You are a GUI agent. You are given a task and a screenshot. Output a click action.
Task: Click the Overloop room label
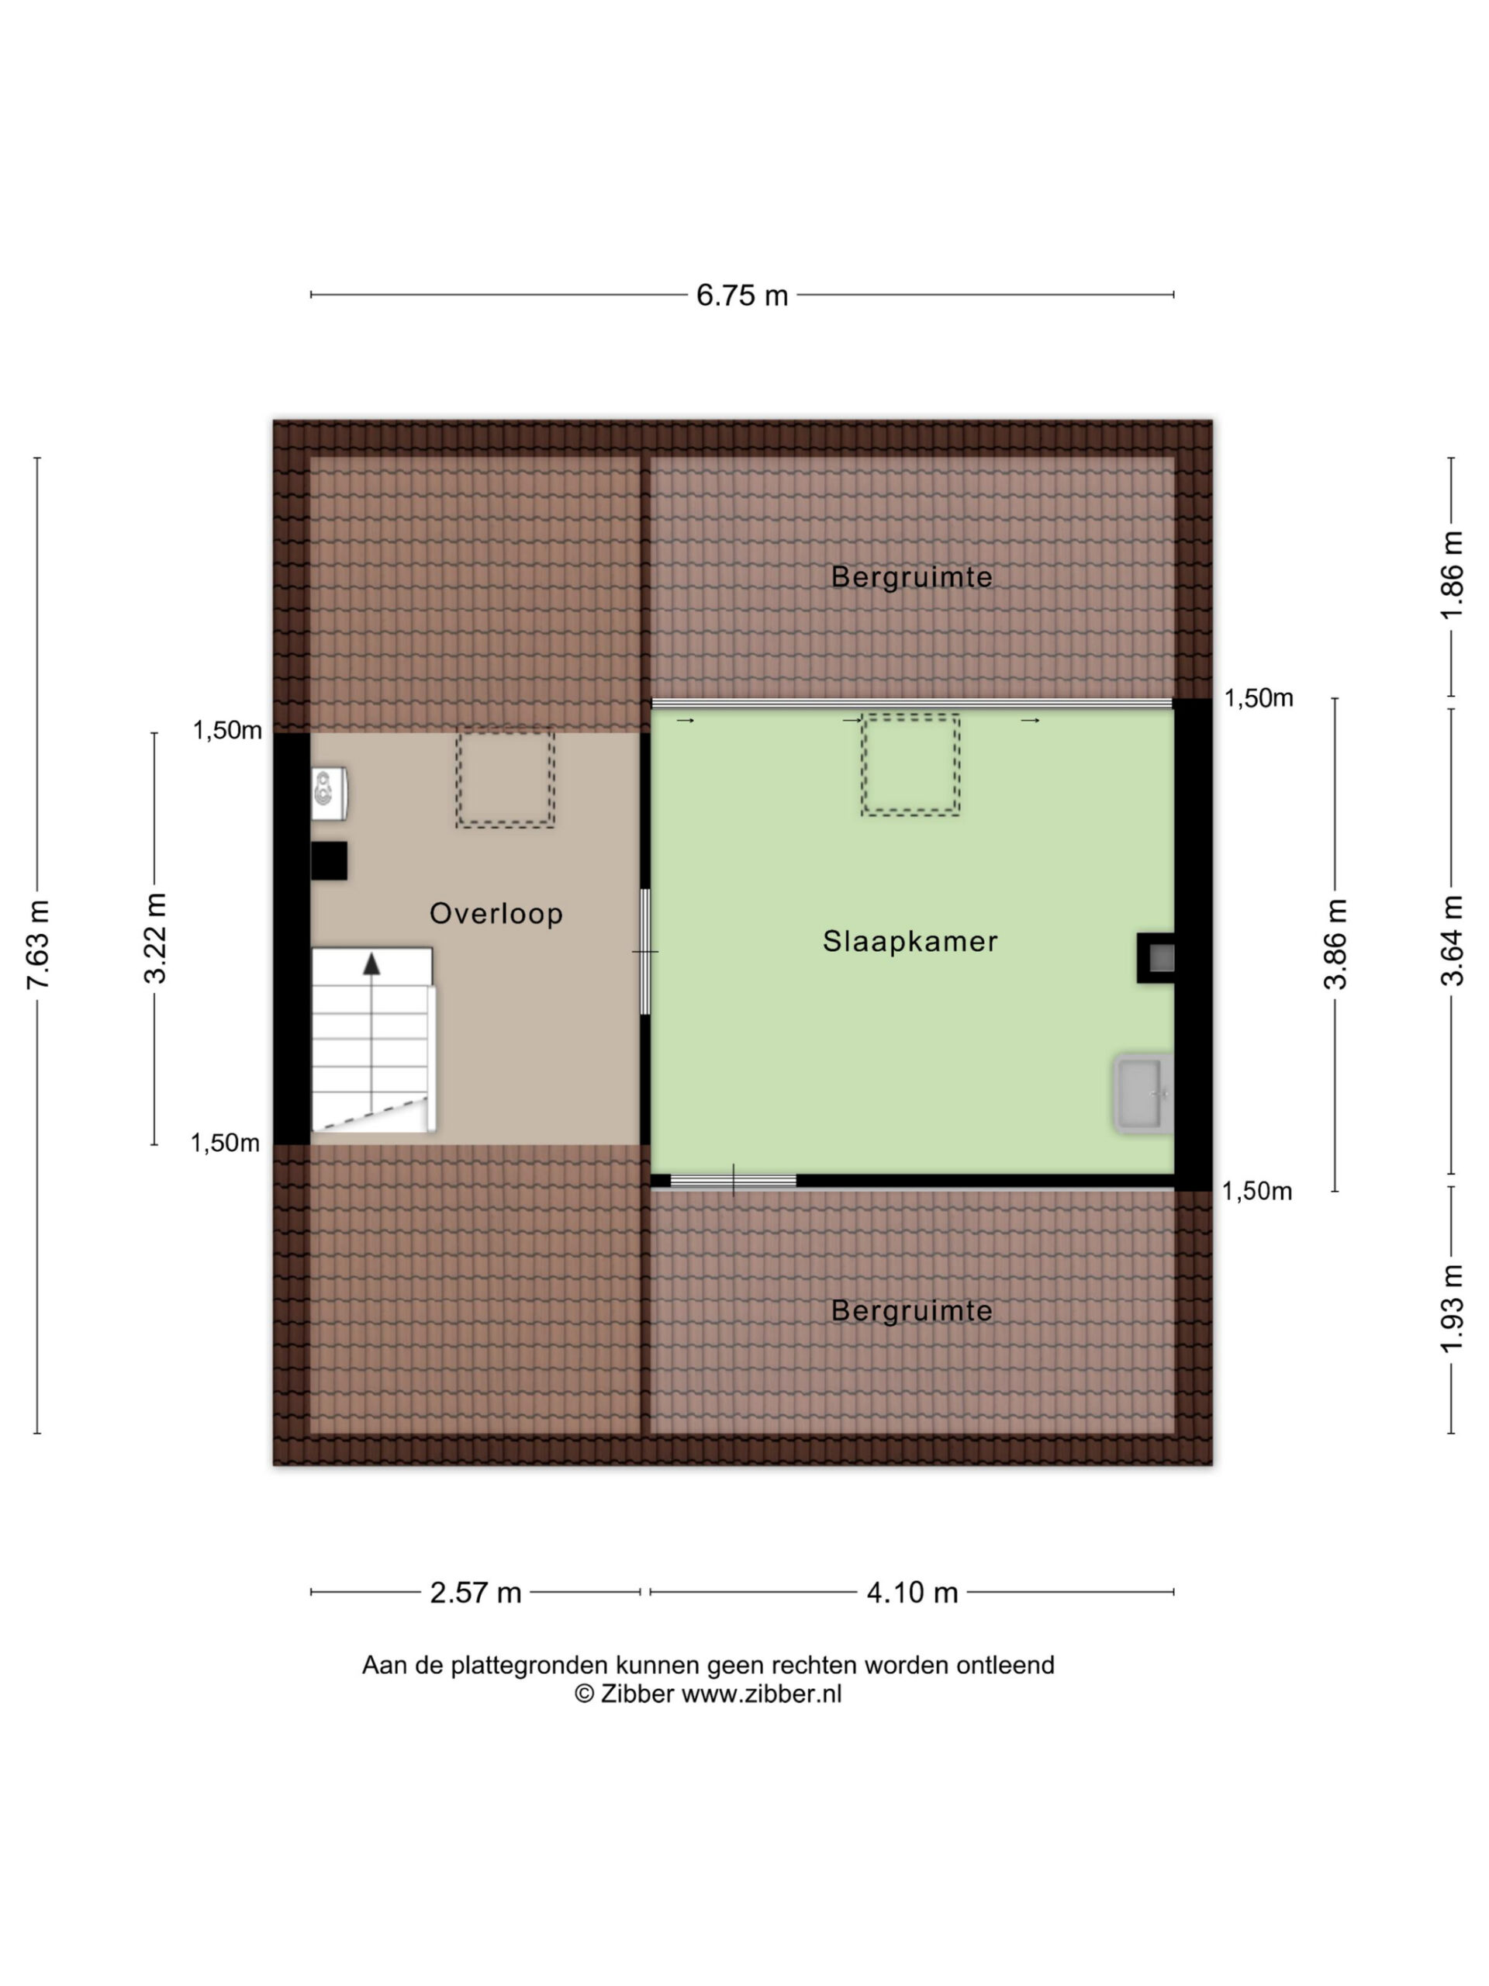pyautogui.click(x=496, y=913)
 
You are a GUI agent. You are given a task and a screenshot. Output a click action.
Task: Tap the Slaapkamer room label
pyautogui.click(x=910, y=941)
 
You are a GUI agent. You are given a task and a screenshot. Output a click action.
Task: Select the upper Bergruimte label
pyautogui.click(x=912, y=576)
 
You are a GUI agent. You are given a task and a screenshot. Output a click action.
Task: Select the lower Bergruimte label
pyautogui.click(x=912, y=1311)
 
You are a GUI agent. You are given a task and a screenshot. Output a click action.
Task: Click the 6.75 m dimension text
pyautogui.click(x=742, y=296)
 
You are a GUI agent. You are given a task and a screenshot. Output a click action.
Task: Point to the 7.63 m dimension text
pyautogui.click(x=38, y=945)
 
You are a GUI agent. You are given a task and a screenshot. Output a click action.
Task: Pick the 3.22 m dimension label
pyautogui.click(x=155, y=938)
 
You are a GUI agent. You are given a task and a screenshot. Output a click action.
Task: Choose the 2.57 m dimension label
pyautogui.click(x=475, y=1593)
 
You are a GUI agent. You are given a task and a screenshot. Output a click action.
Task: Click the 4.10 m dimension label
pyautogui.click(x=912, y=1593)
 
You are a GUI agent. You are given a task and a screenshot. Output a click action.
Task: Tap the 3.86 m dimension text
pyautogui.click(x=1335, y=943)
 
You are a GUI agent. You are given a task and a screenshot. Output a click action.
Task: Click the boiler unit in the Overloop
pyautogui.click(x=330, y=794)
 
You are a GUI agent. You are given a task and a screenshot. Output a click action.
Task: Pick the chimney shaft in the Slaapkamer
pyautogui.click(x=1156, y=958)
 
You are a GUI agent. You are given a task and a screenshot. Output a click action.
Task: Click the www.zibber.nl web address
pyautogui.click(x=761, y=1694)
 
